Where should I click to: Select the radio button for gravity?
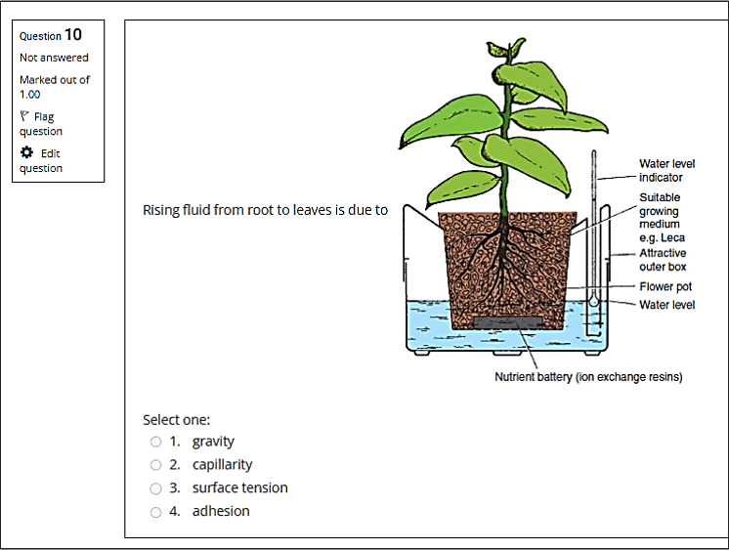click(x=155, y=442)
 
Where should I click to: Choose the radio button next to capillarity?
click(x=155, y=465)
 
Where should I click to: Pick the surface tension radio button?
click(x=155, y=488)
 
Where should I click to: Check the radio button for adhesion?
click(x=155, y=512)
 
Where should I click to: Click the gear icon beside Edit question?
click(x=27, y=152)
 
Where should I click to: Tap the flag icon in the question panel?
click(x=24, y=115)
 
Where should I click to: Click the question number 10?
click(x=73, y=34)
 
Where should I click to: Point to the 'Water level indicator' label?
click(x=666, y=171)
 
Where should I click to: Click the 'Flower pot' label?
click(x=665, y=286)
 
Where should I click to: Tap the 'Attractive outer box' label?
click(x=663, y=260)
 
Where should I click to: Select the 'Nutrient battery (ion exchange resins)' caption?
click(x=588, y=376)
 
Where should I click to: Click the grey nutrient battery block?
click(x=508, y=322)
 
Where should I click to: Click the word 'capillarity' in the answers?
click(x=222, y=464)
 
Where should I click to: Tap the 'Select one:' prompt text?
click(x=176, y=420)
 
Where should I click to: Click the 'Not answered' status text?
click(x=54, y=58)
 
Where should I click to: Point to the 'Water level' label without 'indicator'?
click(x=666, y=305)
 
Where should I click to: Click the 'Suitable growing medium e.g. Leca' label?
click(x=662, y=218)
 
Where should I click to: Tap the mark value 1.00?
click(x=29, y=95)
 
